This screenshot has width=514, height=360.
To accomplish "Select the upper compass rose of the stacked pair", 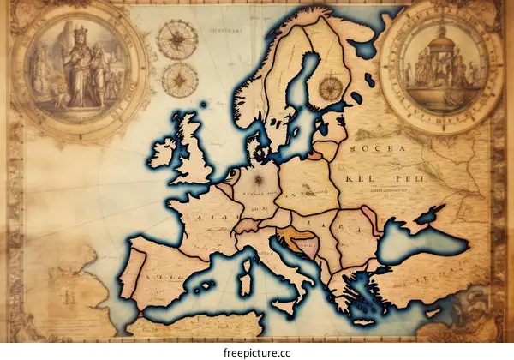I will click(176, 39).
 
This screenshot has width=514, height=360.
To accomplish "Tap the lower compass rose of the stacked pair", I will click(179, 80).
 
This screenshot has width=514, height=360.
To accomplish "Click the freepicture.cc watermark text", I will click(257, 349).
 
